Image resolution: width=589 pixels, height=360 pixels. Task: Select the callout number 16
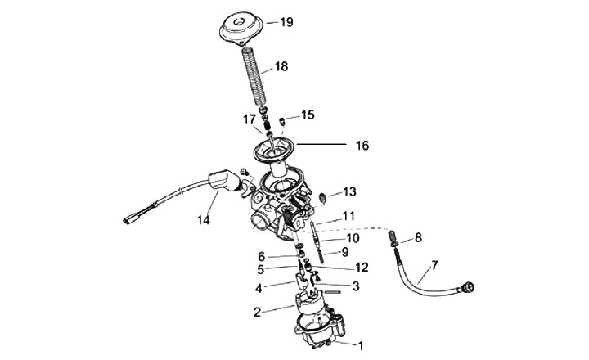[362, 146]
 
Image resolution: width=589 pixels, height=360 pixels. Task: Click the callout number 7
[434, 265]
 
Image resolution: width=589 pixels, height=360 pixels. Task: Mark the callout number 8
[418, 237]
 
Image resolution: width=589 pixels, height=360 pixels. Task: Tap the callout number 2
[257, 312]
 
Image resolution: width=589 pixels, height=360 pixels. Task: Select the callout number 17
[249, 119]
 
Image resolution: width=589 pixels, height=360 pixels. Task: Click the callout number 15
[308, 115]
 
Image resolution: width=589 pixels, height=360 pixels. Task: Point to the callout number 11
[348, 216]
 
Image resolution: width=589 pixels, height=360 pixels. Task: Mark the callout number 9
[344, 252]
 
